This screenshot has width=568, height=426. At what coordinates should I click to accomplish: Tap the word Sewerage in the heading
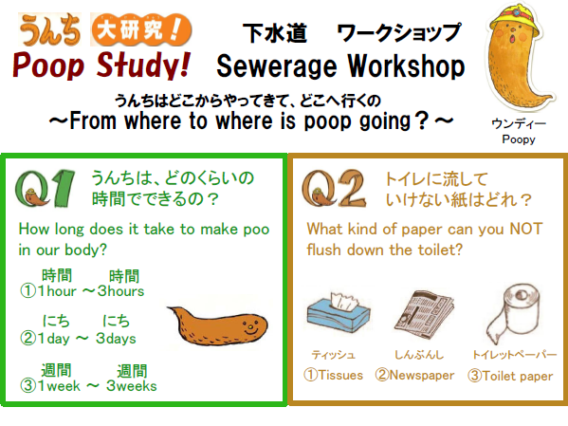tap(276, 66)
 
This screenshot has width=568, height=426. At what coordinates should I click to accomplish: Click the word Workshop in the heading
tap(406, 65)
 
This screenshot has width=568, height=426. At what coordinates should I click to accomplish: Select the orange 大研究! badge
tap(141, 29)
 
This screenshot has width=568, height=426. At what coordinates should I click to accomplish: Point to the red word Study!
tap(143, 65)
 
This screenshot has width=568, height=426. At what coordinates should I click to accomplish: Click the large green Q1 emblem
tap(45, 189)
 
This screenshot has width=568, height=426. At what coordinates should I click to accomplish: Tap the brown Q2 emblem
tap(334, 189)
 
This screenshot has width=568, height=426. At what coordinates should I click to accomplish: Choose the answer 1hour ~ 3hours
tap(82, 290)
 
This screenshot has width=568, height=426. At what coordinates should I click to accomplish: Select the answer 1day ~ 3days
tap(79, 339)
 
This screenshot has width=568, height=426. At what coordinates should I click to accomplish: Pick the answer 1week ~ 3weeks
tap(88, 386)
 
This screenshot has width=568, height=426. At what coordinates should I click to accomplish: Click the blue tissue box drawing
tap(339, 310)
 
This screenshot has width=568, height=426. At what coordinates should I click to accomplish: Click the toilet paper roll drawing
tap(512, 312)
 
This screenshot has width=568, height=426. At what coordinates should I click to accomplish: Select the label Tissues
tap(333, 375)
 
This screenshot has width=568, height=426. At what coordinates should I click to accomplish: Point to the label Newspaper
tap(414, 375)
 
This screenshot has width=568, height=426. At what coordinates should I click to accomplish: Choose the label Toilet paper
tap(510, 376)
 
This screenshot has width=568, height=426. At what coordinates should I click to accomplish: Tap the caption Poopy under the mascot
tap(519, 139)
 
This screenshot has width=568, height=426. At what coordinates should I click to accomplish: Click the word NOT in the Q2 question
tap(525, 230)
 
